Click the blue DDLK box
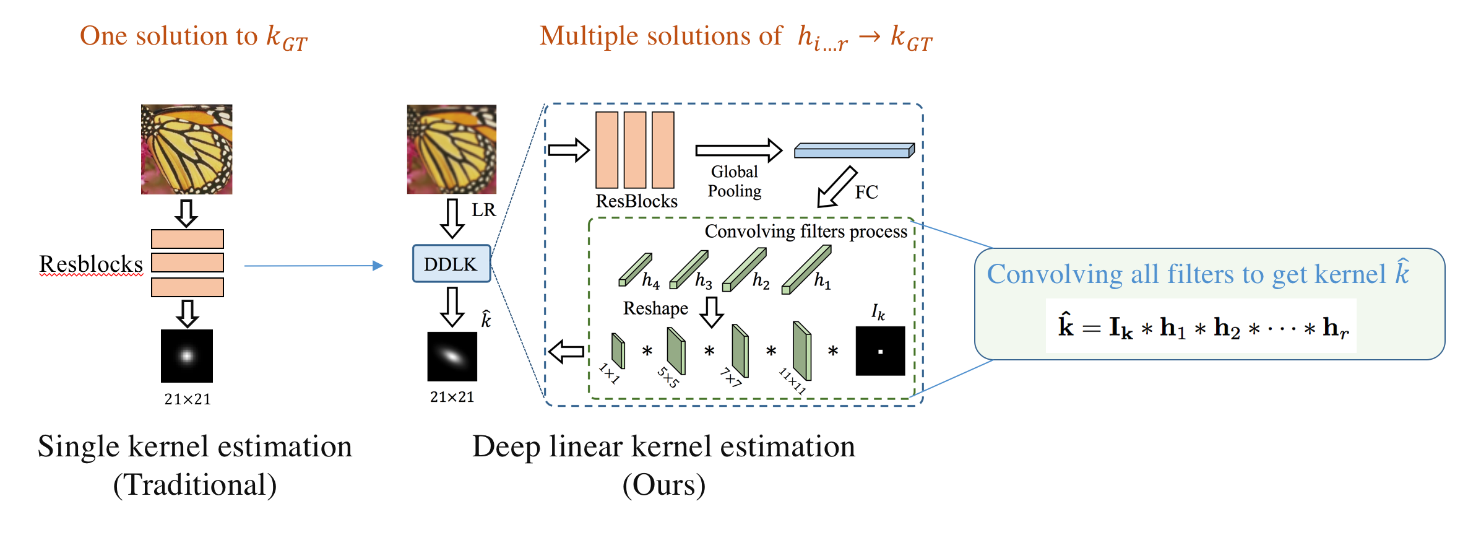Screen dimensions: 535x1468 (x=451, y=264)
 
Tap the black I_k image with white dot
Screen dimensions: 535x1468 (x=880, y=351)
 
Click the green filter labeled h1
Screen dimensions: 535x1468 (x=806, y=270)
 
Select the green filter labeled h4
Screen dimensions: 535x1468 (x=635, y=270)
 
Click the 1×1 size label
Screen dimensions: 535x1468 (x=609, y=373)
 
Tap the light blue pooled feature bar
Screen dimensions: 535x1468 (x=854, y=150)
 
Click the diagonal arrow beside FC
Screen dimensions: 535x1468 (x=836, y=187)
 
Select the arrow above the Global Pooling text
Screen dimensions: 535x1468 (x=738, y=150)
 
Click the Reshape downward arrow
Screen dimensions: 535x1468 (x=711, y=311)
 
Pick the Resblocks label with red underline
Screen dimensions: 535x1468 (x=91, y=264)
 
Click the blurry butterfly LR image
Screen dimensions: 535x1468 (x=451, y=149)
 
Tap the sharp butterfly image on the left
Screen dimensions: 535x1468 (x=186, y=149)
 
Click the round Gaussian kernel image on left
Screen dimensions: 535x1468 (x=186, y=355)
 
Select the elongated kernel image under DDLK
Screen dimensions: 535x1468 (x=452, y=357)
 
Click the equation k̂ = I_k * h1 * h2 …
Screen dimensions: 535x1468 (x=1201, y=327)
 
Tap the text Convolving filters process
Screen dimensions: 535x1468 (x=806, y=232)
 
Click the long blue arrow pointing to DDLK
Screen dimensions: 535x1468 (x=313, y=266)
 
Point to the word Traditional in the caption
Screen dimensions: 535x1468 (x=195, y=485)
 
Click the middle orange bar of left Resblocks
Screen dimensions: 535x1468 (x=187, y=263)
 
